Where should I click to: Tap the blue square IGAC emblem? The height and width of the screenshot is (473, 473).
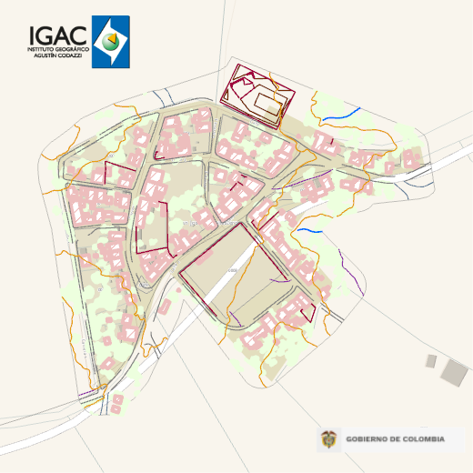coord(111,42)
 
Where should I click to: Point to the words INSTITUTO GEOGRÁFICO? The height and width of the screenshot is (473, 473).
coord(58,49)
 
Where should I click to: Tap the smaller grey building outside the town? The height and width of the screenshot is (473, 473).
coord(431,361)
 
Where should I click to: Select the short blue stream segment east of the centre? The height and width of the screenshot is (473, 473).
coord(309,230)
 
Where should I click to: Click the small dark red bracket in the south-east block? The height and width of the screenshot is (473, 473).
coord(309,309)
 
